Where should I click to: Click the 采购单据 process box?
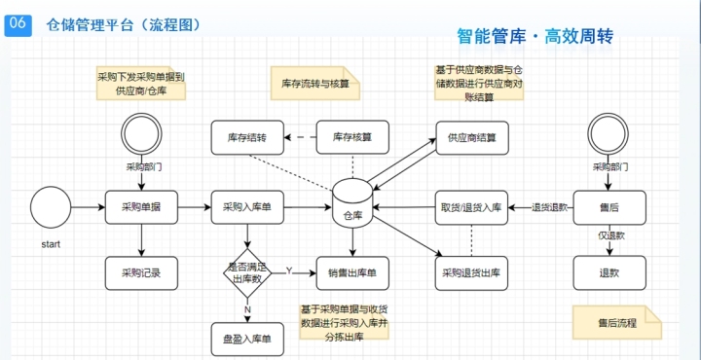(x=142, y=207)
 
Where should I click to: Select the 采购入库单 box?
(x=247, y=207)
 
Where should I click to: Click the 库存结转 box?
(x=247, y=137)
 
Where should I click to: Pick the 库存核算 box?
(x=352, y=137)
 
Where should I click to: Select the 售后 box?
(x=609, y=207)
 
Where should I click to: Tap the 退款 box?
(x=609, y=272)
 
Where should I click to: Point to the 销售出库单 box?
(x=352, y=272)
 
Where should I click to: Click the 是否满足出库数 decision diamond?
(x=247, y=272)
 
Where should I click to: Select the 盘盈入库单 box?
(x=247, y=341)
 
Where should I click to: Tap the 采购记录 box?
(x=142, y=272)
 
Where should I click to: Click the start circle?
(x=51, y=207)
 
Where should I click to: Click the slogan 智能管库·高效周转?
(x=535, y=37)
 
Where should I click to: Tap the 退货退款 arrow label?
(x=549, y=207)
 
